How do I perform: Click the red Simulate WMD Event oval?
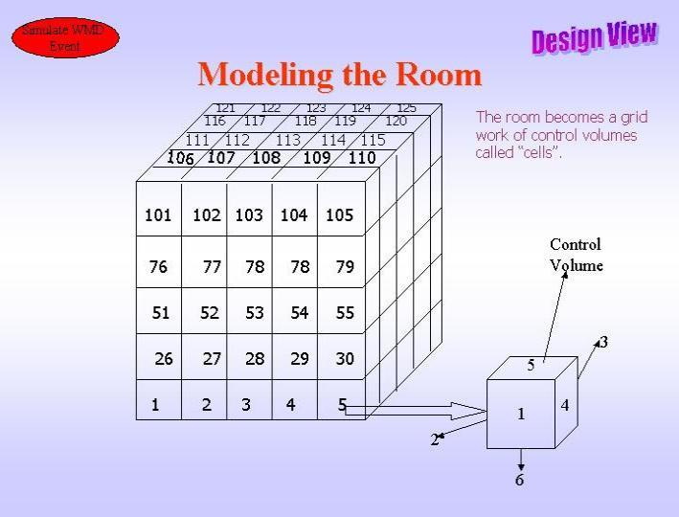click(x=65, y=37)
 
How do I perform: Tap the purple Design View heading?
click(x=595, y=37)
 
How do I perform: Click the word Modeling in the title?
click(x=265, y=76)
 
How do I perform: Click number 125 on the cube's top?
click(x=407, y=108)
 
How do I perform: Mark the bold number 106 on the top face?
click(x=180, y=158)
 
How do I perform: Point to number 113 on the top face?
click(x=288, y=140)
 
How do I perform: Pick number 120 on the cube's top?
click(x=396, y=121)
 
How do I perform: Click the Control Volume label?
click(x=576, y=255)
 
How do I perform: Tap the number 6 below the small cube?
click(x=520, y=480)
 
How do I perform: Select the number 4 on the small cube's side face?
click(x=565, y=405)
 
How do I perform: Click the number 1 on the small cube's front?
click(x=521, y=414)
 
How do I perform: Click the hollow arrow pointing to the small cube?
click(x=417, y=411)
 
